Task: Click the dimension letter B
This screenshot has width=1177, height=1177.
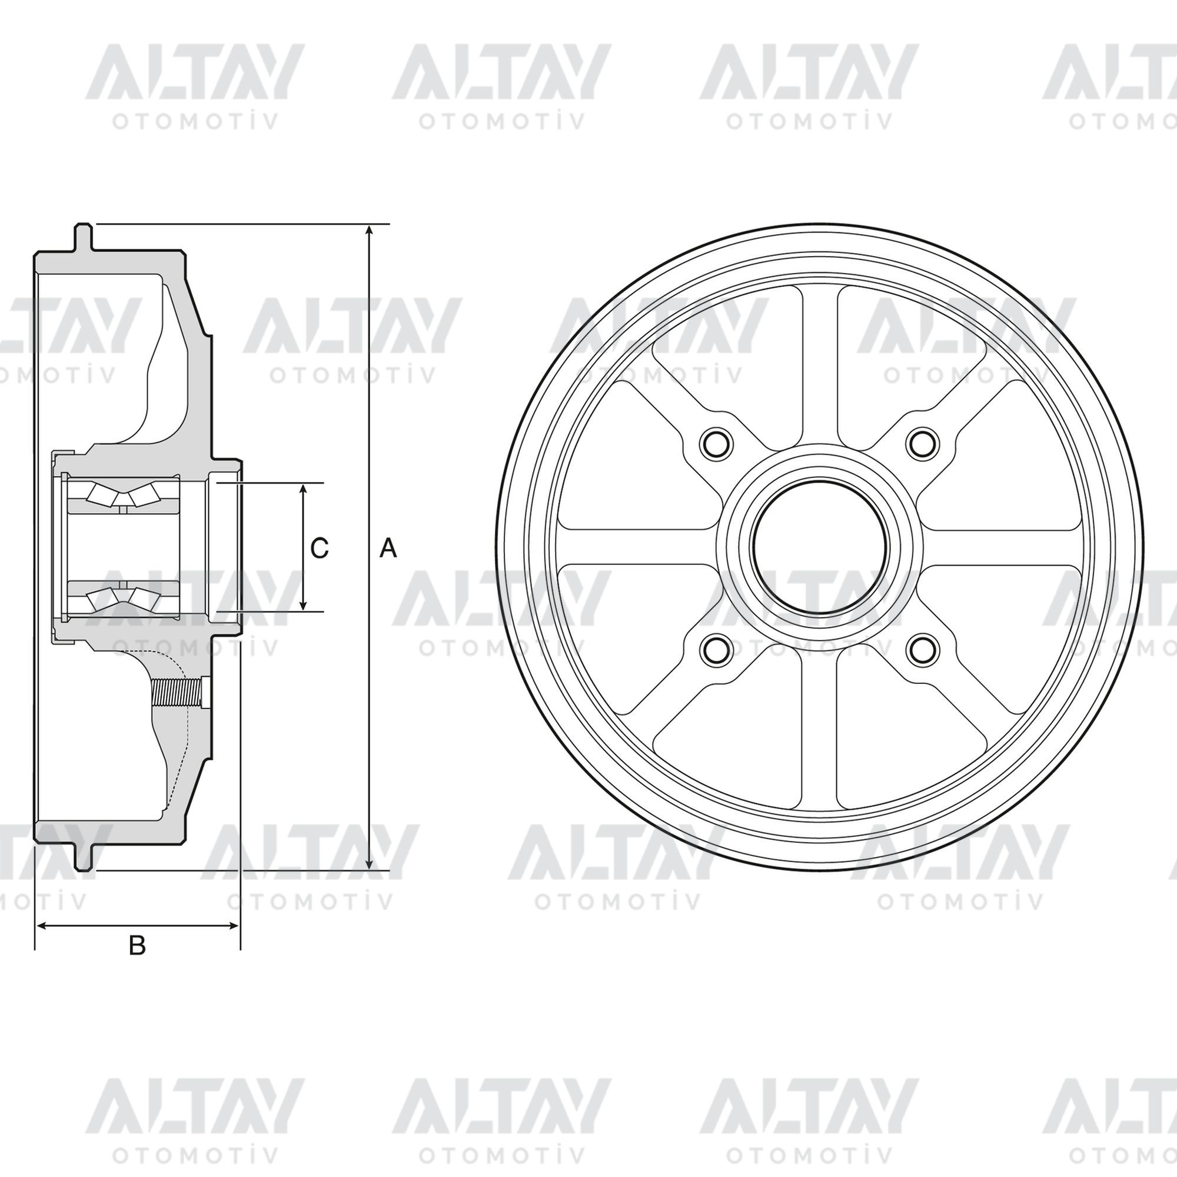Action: (137, 946)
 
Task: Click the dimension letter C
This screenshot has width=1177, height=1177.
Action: (319, 548)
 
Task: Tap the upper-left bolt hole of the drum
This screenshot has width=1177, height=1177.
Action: (715, 443)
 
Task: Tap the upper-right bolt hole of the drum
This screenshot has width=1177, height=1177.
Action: (922, 443)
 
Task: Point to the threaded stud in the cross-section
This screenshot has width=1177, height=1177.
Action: (179, 693)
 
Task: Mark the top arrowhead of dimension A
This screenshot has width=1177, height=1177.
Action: (369, 232)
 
